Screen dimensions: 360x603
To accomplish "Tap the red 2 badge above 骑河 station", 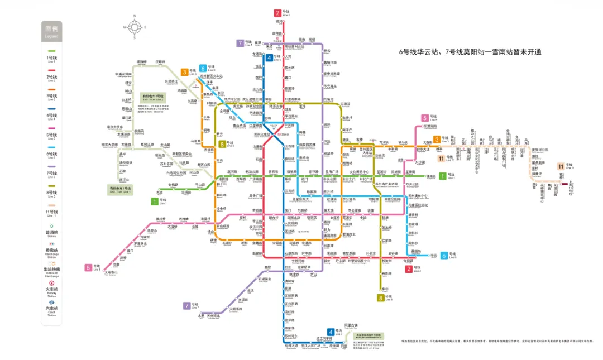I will pos(277,13).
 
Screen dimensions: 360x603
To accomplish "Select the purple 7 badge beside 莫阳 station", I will pos(240,43).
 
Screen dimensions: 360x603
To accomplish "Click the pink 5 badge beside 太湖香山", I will pos(88,267).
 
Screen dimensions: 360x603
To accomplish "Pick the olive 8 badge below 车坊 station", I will pos(381,297).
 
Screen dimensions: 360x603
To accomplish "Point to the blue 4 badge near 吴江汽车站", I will pos(331,332).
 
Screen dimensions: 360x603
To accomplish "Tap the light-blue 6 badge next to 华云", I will pos(444,255).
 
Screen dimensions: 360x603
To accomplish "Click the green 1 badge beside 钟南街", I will pos(443,176).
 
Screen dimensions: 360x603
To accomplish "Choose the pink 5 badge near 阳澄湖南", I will pos(425,118).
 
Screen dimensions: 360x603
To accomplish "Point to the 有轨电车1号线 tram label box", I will pos(120,190).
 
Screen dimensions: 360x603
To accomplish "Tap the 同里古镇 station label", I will pos(351,325).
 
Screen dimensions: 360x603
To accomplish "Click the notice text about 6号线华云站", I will pos(471,52).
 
